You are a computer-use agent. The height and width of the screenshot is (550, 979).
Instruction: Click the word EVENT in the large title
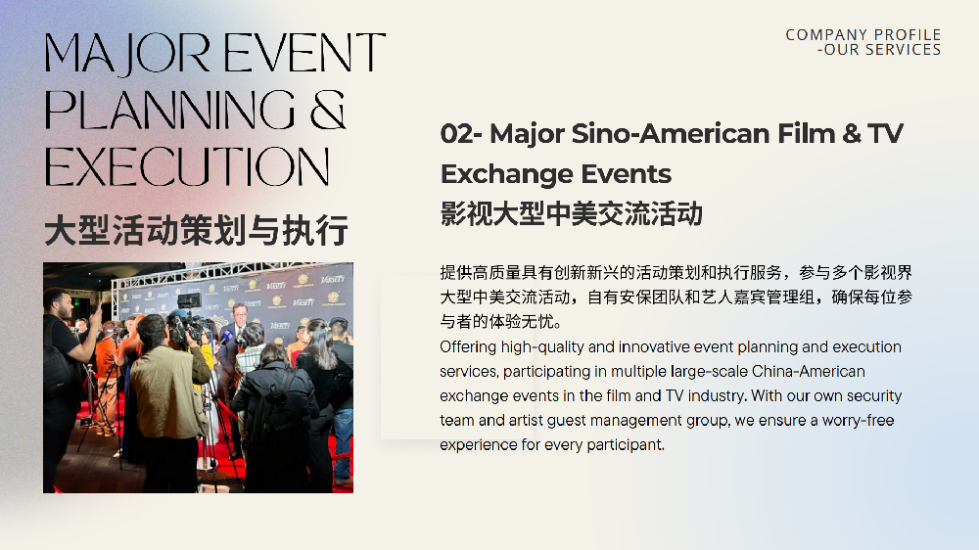304,53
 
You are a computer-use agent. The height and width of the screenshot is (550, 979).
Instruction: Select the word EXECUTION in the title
187,166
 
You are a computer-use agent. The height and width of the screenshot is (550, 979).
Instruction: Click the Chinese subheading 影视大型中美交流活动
572,213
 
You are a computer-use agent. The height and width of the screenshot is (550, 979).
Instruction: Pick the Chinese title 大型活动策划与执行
196,230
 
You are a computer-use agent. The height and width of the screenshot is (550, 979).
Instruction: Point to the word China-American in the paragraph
809,372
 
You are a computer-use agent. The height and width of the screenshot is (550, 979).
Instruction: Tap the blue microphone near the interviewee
226,336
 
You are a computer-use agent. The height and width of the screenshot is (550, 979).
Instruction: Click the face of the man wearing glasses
240,315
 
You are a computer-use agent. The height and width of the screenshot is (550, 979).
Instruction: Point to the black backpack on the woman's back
273,406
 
